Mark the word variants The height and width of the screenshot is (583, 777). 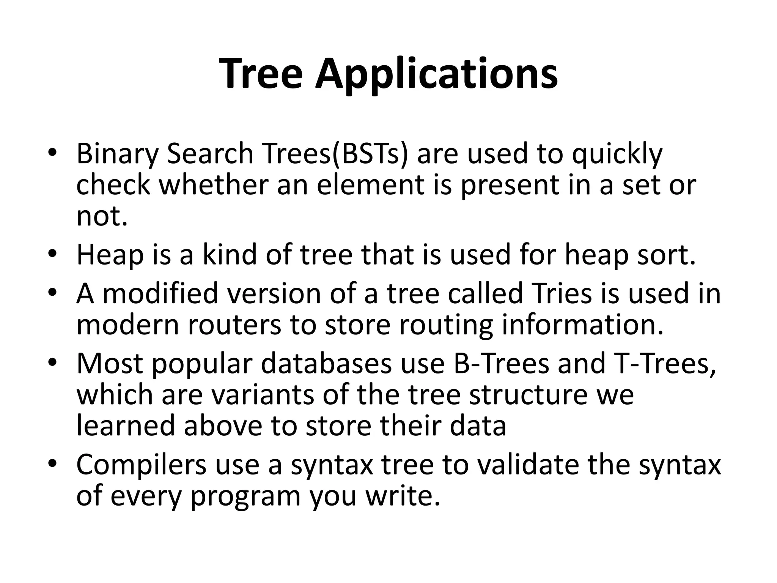[263, 395]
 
